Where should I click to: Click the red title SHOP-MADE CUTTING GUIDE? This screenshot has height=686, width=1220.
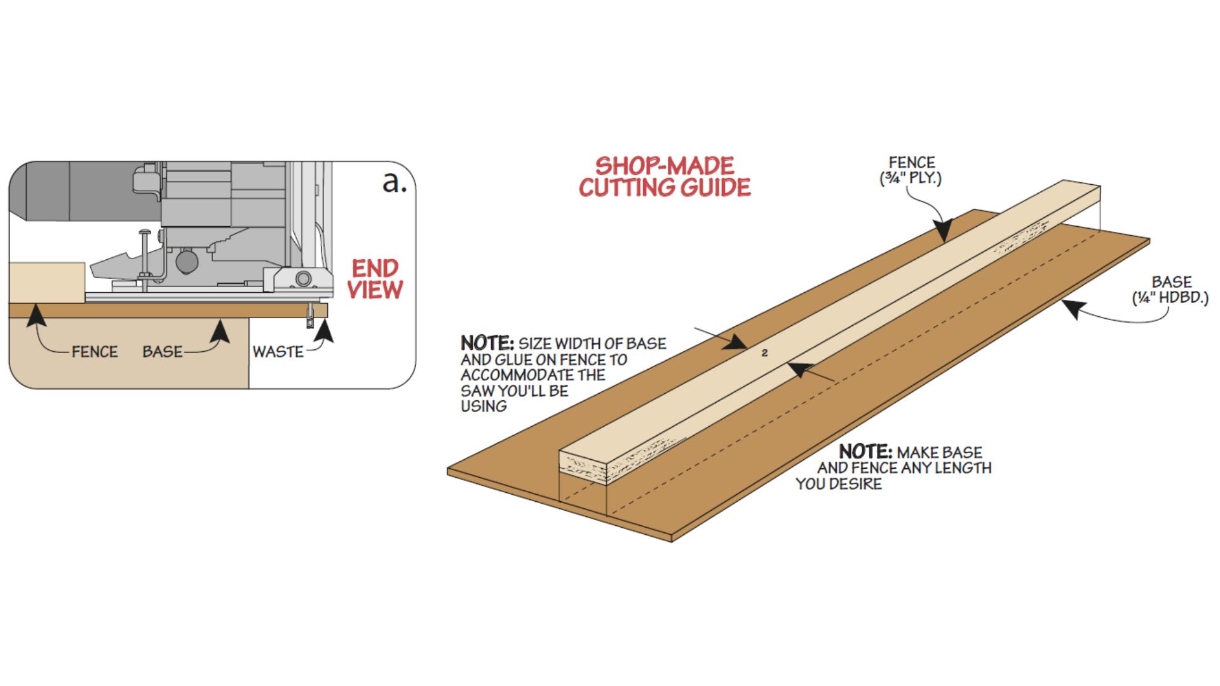pyautogui.click(x=665, y=177)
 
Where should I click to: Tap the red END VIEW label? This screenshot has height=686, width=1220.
pyautogui.click(x=375, y=279)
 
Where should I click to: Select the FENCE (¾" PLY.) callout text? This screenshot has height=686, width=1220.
pyautogui.click(x=911, y=170)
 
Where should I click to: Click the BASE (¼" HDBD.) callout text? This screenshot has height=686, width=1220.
pyautogui.click(x=1170, y=290)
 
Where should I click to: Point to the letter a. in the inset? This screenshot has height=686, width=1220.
pyautogui.click(x=394, y=182)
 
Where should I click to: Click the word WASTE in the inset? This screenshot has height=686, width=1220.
pyautogui.click(x=278, y=351)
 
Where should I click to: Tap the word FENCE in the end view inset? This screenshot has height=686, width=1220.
pyautogui.click(x=95, y=351)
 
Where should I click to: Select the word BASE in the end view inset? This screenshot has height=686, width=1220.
pyautogui.click(x=162, y=351)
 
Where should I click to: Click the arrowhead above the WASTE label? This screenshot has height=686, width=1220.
pyautogui.click(x=325, y=330)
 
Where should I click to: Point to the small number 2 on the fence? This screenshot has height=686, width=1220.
pyautogui.click(x=764, y=353)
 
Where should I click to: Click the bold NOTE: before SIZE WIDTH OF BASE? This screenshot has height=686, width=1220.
pyautogui.click(x=487, y=343)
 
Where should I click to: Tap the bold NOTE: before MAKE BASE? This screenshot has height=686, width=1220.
pyautogui.click(x=865, y=452)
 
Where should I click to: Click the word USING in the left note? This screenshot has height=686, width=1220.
pyautogui.click(x=484, y=407)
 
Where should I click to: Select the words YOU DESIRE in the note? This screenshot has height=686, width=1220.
pyautogui.click(x=839, y=484)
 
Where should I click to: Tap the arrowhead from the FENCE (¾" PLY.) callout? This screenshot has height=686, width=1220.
pyautogui.click(x=943, y=230)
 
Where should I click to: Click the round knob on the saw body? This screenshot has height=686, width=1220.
pyautogui.click(x=187, y=261)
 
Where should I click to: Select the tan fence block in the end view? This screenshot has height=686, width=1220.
pyautogui.click(x=47, y=282)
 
